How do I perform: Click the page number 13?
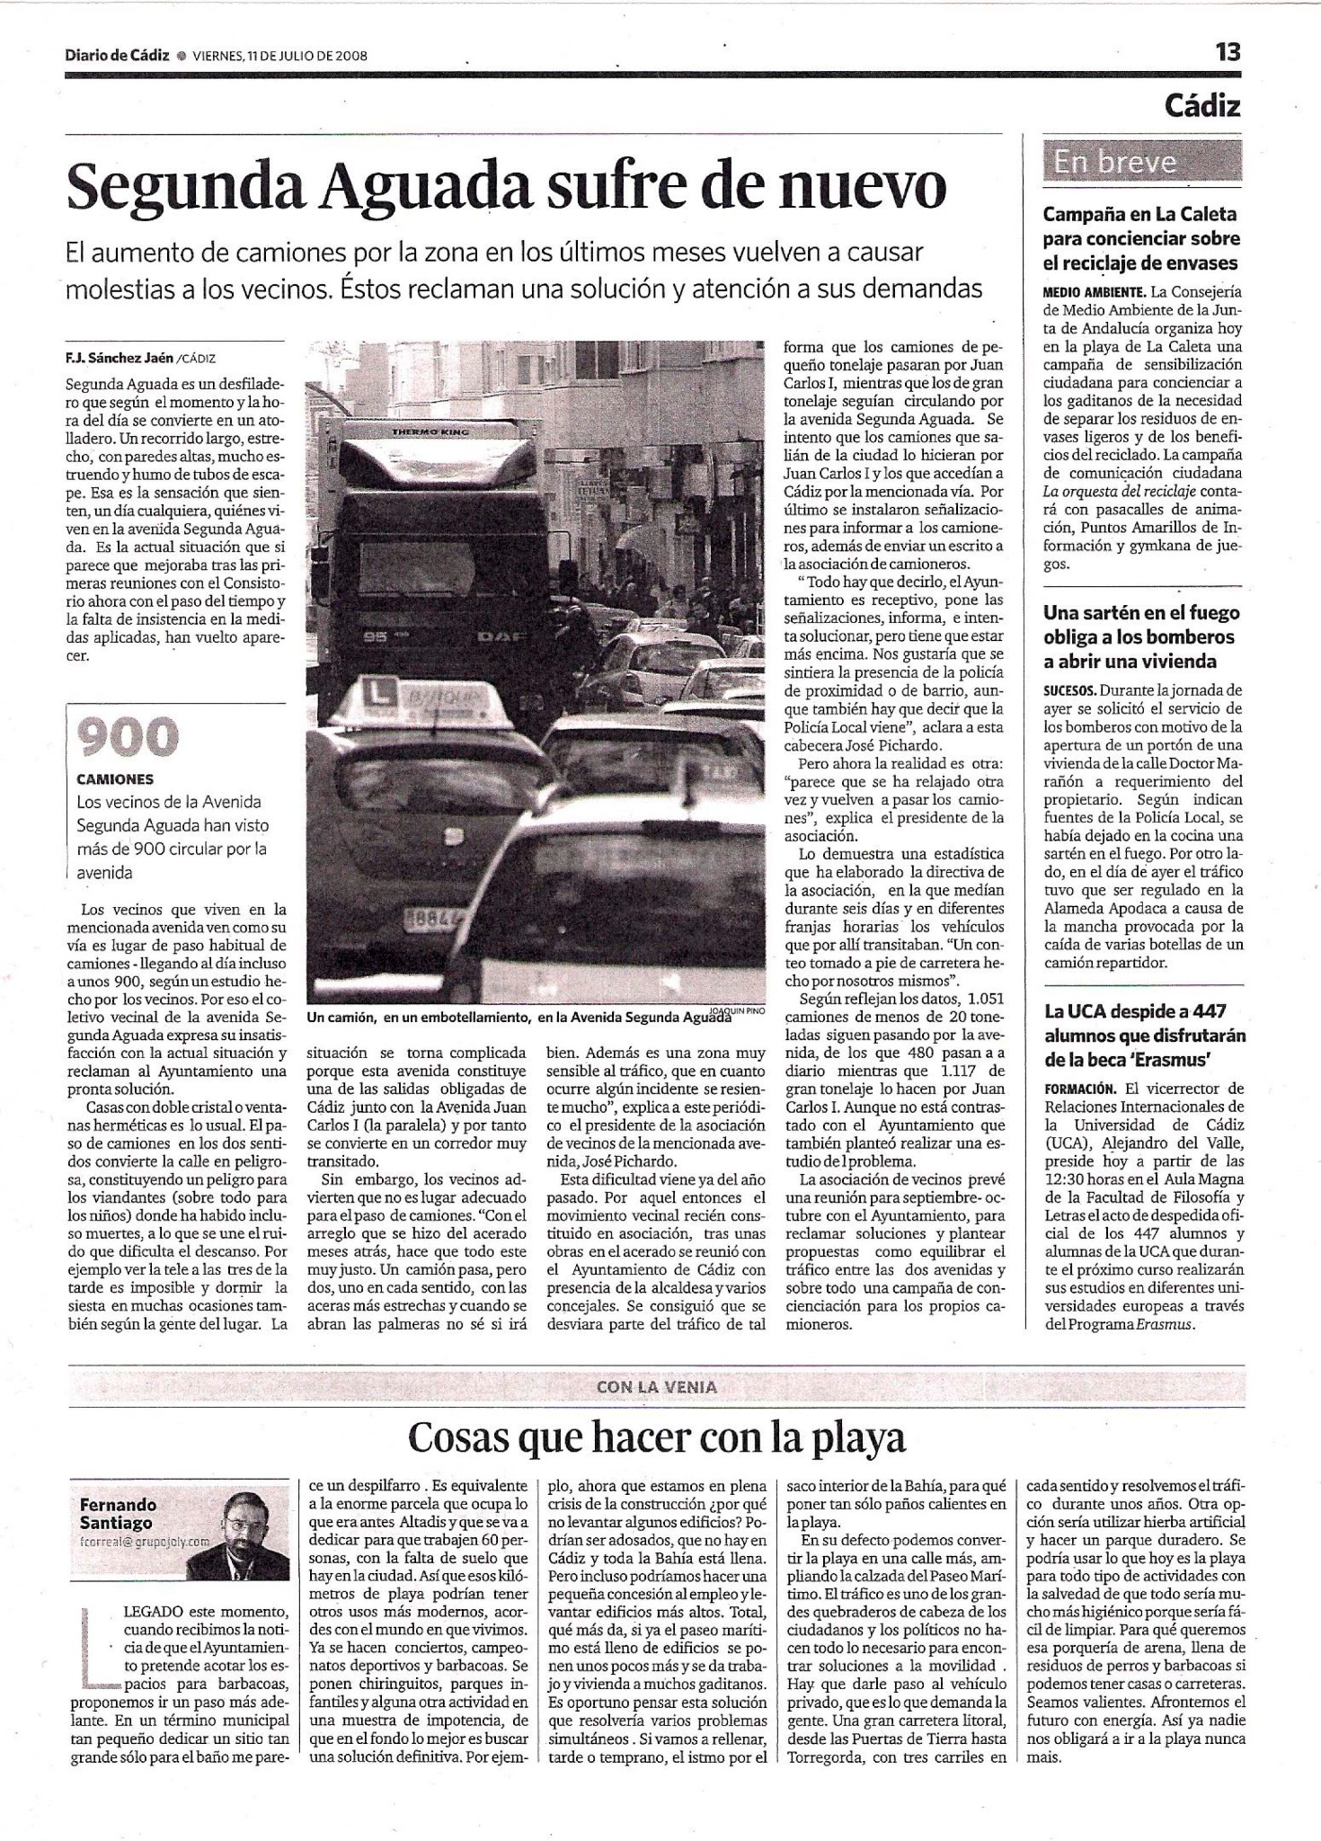tap(1227, 52)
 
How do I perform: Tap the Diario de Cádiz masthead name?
tap(117, 55)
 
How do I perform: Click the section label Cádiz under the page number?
tap(1201, 106)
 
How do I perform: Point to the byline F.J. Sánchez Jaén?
tap(120, 358)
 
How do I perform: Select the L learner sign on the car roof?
tap(380, 692)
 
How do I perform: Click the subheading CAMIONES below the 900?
tap(115, 779)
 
